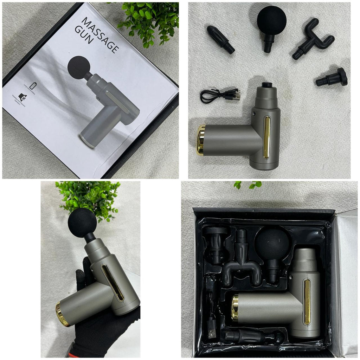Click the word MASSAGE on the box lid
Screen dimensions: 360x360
coord(101,34)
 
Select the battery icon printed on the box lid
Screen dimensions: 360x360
coord(33,86)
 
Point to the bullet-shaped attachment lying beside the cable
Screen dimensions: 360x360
coord(220,39)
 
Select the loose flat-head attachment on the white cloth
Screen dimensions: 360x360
coord(332,78)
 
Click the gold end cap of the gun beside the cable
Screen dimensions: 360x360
coord(201,140)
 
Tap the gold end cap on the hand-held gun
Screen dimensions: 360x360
coord(62,314)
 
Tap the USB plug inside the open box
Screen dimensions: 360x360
coord(211,327)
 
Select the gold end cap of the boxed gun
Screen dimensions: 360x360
coord(235,307)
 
